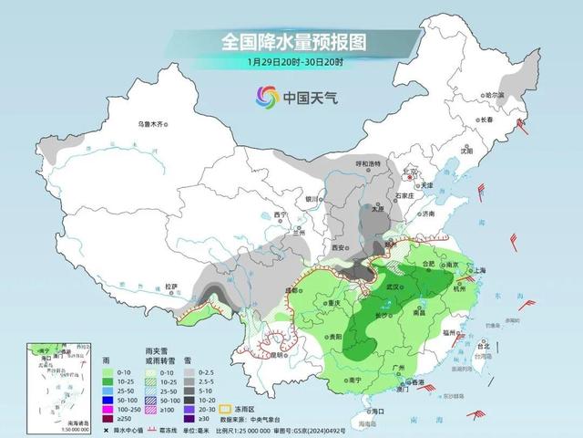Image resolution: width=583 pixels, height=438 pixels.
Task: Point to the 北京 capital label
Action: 412,171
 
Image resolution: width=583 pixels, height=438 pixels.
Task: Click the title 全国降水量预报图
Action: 291,42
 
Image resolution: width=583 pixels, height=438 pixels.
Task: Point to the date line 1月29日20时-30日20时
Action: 291,63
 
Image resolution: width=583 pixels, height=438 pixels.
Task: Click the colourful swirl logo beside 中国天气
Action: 267,95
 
